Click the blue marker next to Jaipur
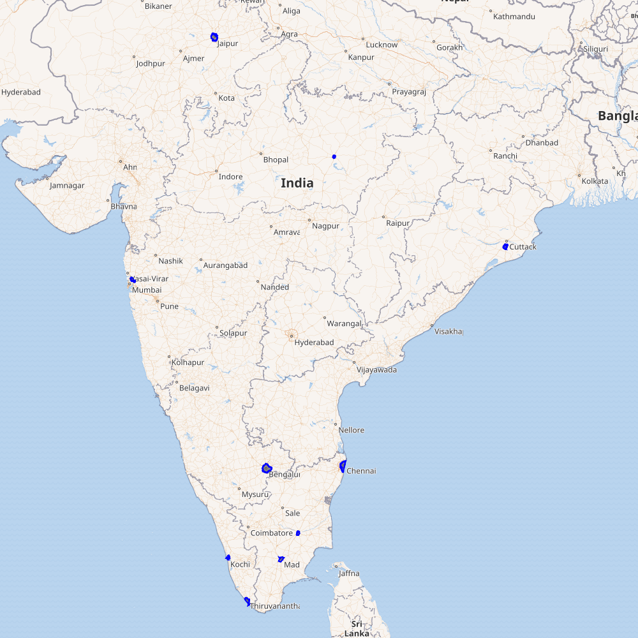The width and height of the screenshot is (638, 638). pos(214,37)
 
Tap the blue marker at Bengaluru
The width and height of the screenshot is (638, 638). pos(267,468)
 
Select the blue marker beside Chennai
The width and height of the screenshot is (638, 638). pos(343,466)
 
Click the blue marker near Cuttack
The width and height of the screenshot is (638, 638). pos(505,246)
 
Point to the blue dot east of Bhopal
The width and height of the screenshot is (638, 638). pos(334,156)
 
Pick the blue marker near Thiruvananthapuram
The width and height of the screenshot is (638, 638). pos(247,600)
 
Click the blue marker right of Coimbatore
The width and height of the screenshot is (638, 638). pos(298,533)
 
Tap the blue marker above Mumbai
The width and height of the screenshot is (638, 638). pos(132,279)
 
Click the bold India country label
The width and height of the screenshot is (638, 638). pos(297,183)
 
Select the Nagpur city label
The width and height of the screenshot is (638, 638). pos(325,225)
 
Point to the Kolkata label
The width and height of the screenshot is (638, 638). pos(595,181)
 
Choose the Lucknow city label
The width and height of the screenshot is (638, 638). pos(382,45)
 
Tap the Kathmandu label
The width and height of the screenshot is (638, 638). pos(514,16)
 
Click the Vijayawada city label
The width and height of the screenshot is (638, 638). pos(376,370)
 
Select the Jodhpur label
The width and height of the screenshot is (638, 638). pos(151,64)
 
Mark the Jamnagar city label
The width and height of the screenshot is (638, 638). pos(67,186)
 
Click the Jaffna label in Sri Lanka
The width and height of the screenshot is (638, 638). pos(348,574)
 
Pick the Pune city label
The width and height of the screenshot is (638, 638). pos(169,306)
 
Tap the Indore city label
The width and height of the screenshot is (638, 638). pos(230,177)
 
